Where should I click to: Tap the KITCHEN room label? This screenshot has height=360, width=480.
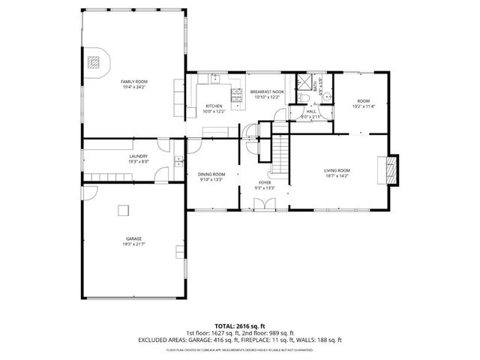(x=214, y=106)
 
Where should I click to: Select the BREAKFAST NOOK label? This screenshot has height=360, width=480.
(x=266, y=91)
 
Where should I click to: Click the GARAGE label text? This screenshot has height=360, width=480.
(x=133, y=239)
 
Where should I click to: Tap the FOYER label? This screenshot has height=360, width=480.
(x=265, y=182)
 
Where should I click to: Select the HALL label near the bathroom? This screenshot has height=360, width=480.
(x=310, y=112)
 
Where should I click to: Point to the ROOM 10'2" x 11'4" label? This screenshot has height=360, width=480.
(x=363, y=103)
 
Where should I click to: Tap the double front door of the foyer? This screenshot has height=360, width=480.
(x=270, y=204)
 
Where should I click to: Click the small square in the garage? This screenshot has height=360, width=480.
(x=120, y=210)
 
